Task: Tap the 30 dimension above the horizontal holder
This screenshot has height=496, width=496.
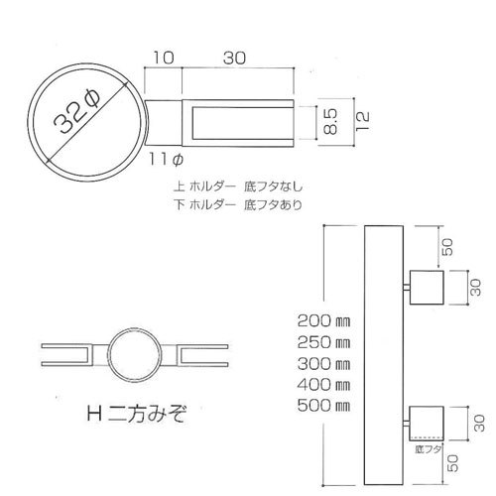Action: tap(235, 58)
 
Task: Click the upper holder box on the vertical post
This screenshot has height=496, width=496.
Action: tap(428, 289)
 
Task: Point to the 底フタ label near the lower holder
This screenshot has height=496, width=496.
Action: tap(427, 449)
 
